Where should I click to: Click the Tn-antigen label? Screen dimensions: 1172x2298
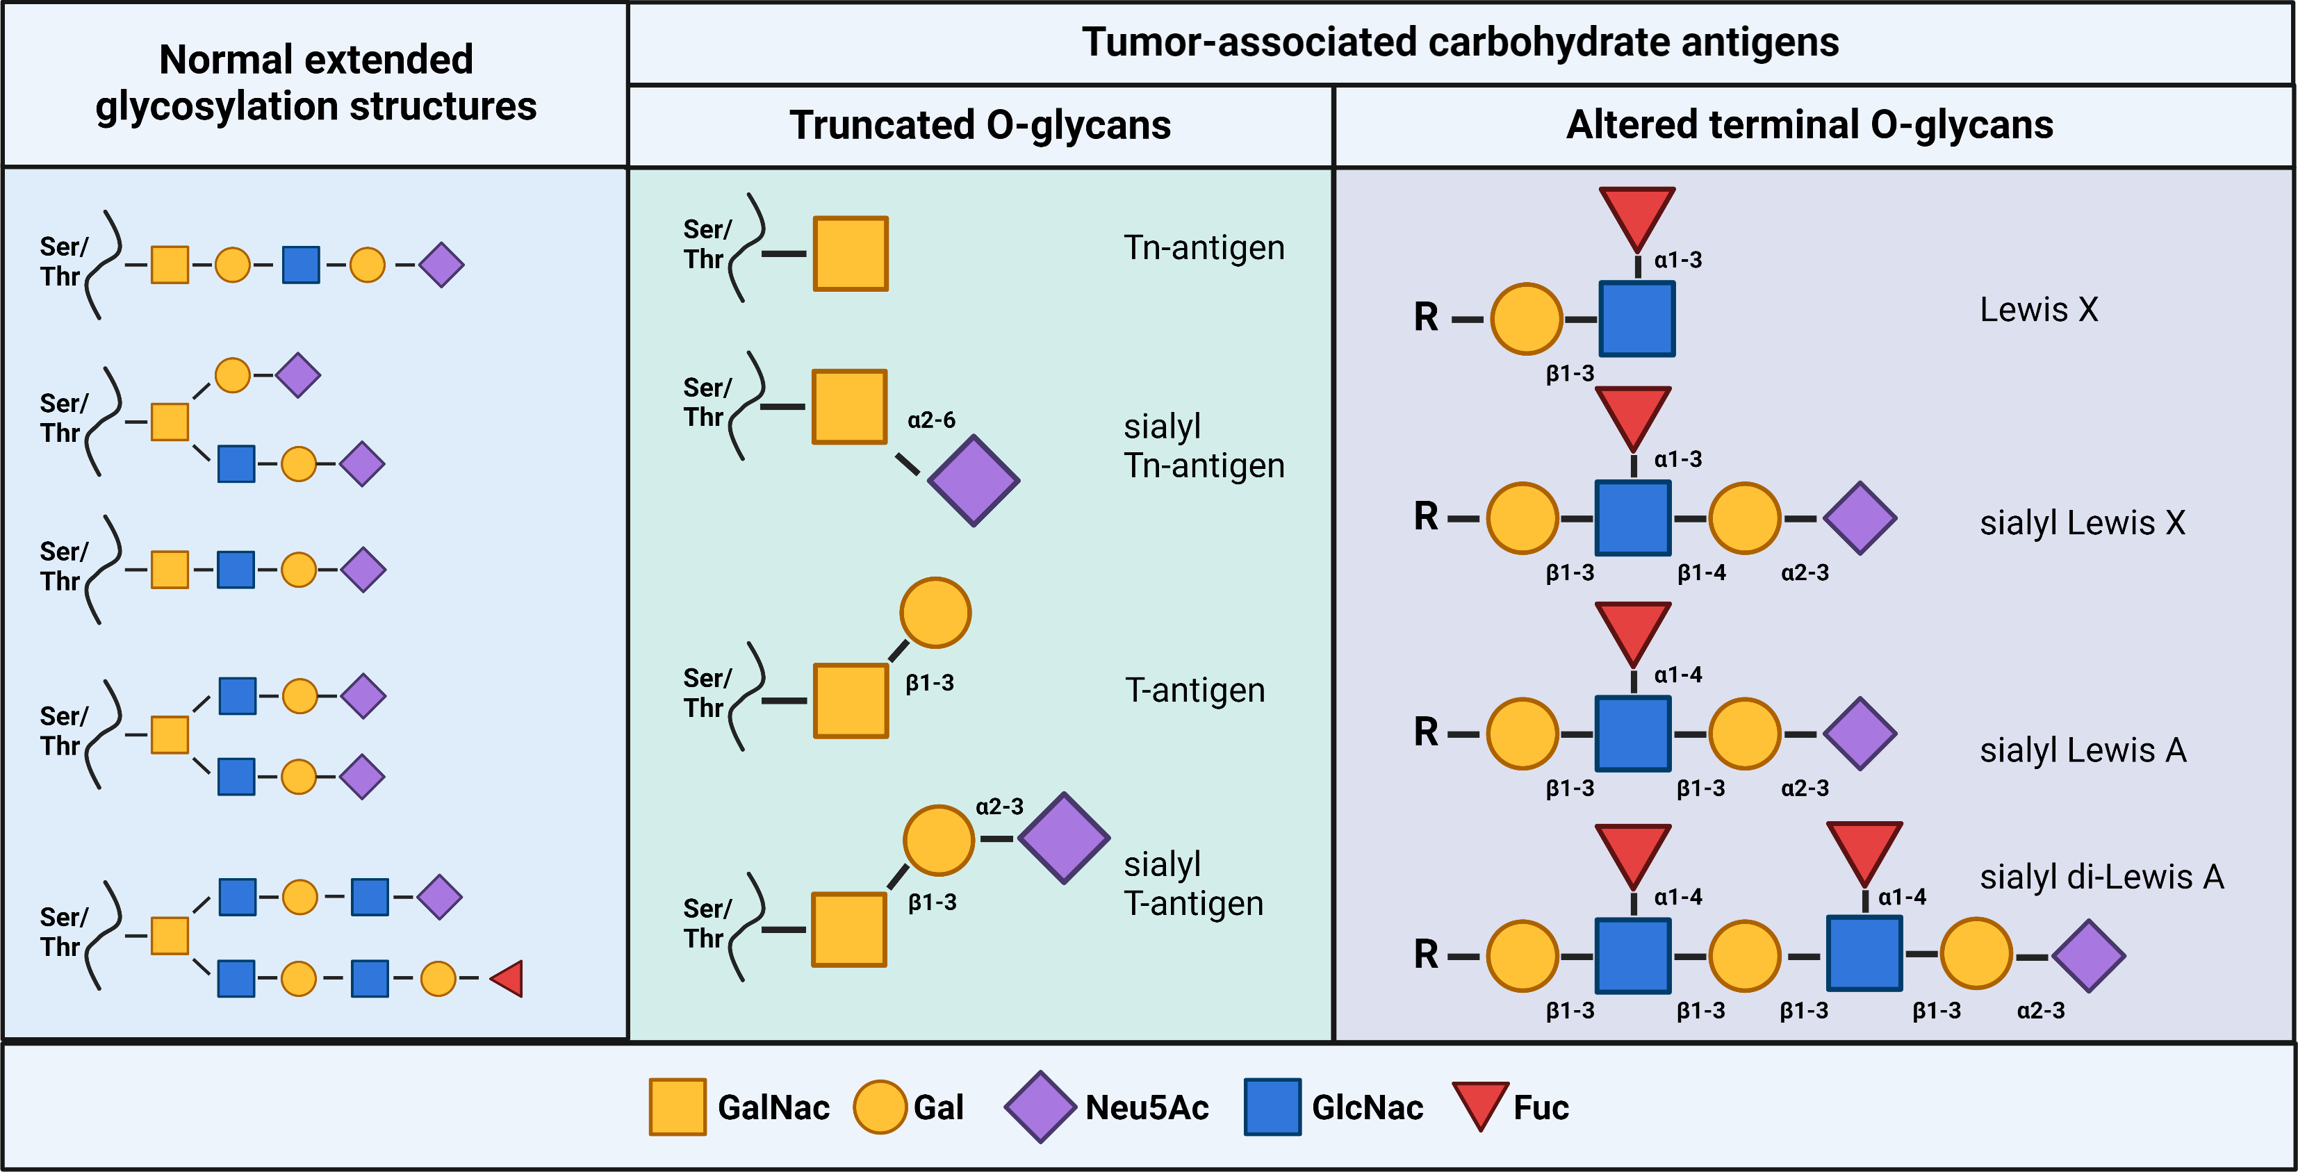tap(1204, 247)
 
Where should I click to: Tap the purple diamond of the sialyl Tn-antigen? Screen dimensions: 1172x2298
tap(974, 480)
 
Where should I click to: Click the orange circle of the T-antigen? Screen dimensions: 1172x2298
tap(935, 613)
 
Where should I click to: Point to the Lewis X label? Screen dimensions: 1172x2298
tap(2038, 310)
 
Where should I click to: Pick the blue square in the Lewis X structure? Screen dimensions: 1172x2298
tap(1636, 318)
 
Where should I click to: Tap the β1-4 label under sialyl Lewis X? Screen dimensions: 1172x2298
tap(1701, 572)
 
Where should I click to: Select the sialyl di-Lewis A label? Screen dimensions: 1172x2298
tap(2101, 877)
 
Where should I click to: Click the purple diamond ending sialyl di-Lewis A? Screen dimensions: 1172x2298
tap(2088, 956)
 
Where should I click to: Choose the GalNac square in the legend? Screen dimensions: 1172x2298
tap(677, 1107)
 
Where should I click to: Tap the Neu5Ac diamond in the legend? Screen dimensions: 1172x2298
tap(1040, 1107)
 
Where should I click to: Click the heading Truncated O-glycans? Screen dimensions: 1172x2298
tap(980, 125)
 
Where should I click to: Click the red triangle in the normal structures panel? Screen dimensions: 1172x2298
tap(507, 978)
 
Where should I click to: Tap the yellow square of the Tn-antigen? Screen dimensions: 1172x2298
tap(850, 254)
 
